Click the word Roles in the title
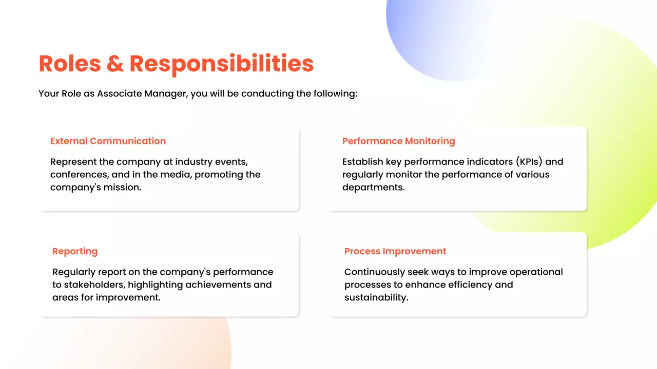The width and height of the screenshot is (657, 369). [x=68, y=64]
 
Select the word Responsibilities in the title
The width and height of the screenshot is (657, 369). [x=221, y=64]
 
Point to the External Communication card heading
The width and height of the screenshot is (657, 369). [x=108, y=141]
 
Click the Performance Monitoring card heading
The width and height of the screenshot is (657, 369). [x=398, y=141]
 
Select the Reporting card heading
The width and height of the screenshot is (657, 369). [x=75, y=251]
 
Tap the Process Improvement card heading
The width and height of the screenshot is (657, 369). [x=395, y=251]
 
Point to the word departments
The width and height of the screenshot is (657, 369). [x=373, y=188]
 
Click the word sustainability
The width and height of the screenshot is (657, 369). [x=376, y=298]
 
